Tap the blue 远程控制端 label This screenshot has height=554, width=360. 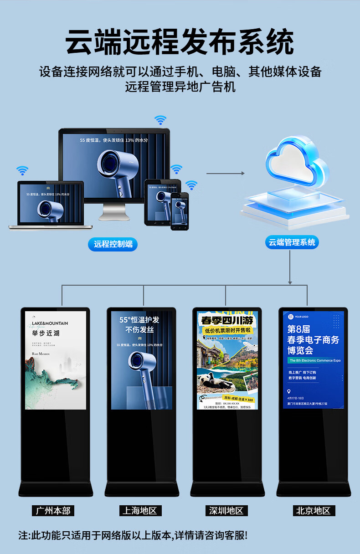(x=113, y=244)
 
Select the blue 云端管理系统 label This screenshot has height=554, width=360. (x=292, y=242)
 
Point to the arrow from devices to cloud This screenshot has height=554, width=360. (x=225, y=173)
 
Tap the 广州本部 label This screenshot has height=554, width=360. (x=53, y=510)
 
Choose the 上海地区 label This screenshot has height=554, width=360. (x=139, y=510)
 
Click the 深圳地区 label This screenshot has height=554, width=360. (x=226, y=510)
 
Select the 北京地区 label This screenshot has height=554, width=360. (x=313, y=510)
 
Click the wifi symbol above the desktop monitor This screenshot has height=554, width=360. (x=160, y=120)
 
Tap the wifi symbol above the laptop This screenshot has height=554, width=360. (x=22, y=171)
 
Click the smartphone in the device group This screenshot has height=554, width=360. (x=179, y=211)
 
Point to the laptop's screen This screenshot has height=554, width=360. (x=51, y=203)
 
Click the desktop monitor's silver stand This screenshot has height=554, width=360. (x=113, y=212)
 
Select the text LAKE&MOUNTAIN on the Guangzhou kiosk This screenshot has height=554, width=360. (x=50, y=323)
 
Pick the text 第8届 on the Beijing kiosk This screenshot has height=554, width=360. (x=298, y=329)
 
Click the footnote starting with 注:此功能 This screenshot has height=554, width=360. (x=133, y=535)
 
